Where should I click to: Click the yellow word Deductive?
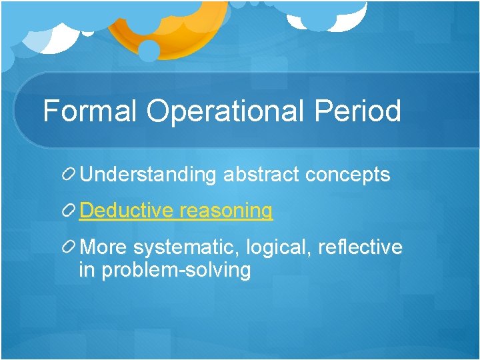[x=127, y=211]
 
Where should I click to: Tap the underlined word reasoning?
[x=226, y=211]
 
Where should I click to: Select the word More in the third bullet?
[x=103, y=247]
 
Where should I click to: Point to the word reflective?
[x=361, y=247]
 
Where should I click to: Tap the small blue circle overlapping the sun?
[x=149, y=51]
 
